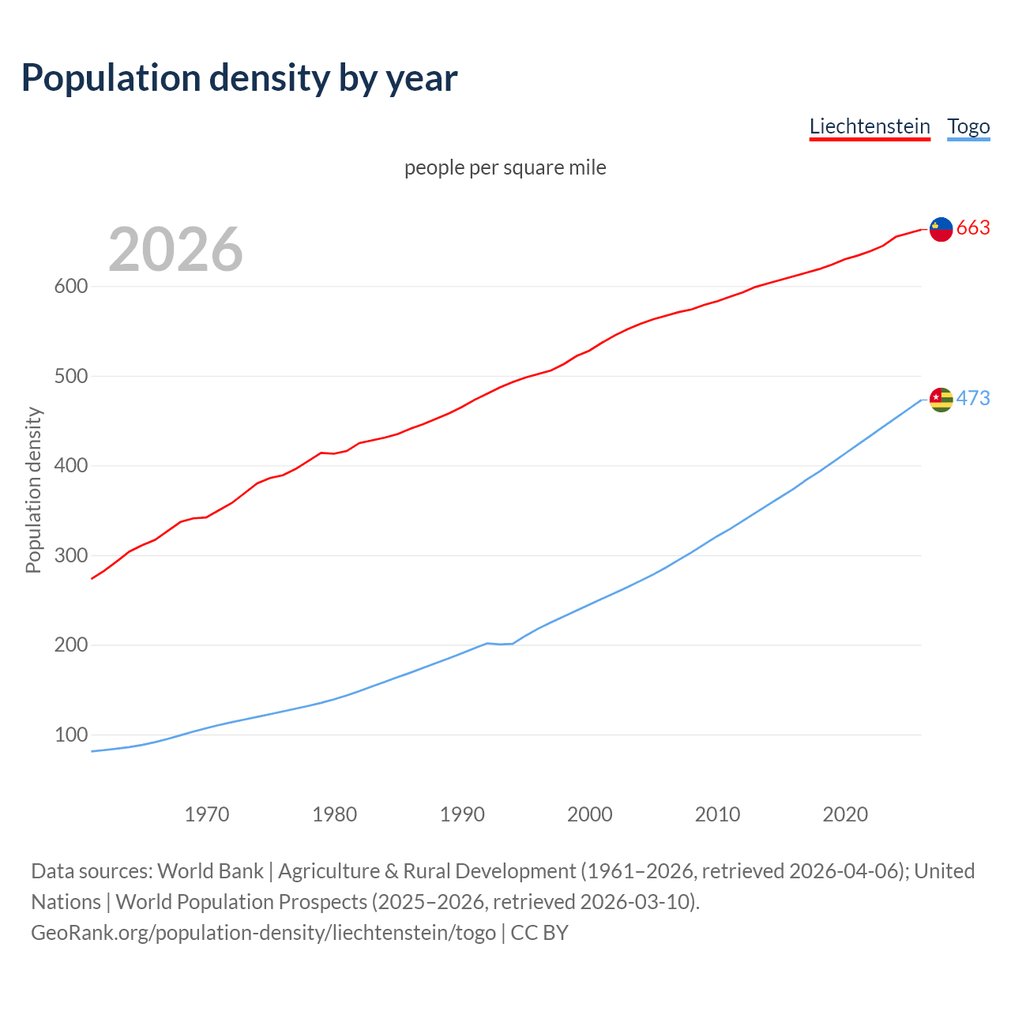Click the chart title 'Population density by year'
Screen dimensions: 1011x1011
(239, 77)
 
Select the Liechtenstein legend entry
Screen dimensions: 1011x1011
(870, 126)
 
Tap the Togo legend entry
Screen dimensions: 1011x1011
(968, 126)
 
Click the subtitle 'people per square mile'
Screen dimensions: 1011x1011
(505, 167)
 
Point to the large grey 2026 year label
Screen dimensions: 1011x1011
(175, 250)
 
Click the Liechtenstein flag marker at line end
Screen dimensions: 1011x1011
(941, 229)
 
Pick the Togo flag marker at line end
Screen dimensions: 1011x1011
(941, 400)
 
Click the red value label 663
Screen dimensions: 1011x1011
(973, 228)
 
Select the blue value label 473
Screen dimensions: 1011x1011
(973, 399)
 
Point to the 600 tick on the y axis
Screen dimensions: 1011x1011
(70, 287)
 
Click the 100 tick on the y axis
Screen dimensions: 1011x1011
(70, 735)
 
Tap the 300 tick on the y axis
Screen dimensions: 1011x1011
(70, 556)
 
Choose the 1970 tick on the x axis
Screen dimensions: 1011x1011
(207, 814)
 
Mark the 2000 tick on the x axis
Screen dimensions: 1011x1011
(590, 814)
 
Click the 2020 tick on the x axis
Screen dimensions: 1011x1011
(845, 814)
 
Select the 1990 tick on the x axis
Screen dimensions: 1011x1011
(462, 814)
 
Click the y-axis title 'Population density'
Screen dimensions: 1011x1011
(33, 490)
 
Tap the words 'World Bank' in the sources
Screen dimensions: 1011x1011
(210, 871)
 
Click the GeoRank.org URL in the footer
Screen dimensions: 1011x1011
(263, 933)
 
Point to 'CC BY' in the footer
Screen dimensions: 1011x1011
(539, 933)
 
